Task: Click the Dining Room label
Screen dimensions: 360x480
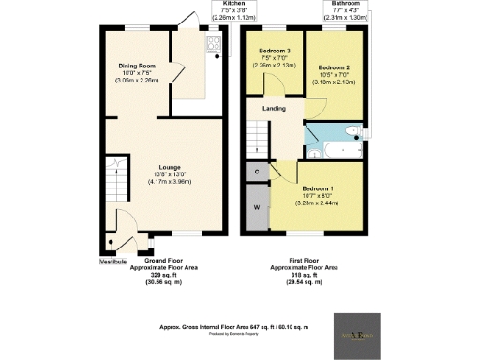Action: click(137, 67)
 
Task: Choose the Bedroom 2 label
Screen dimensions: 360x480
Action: click(335, 68)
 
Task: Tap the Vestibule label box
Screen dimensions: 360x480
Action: click(113, 262)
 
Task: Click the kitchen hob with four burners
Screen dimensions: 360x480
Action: click(213, 46)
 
